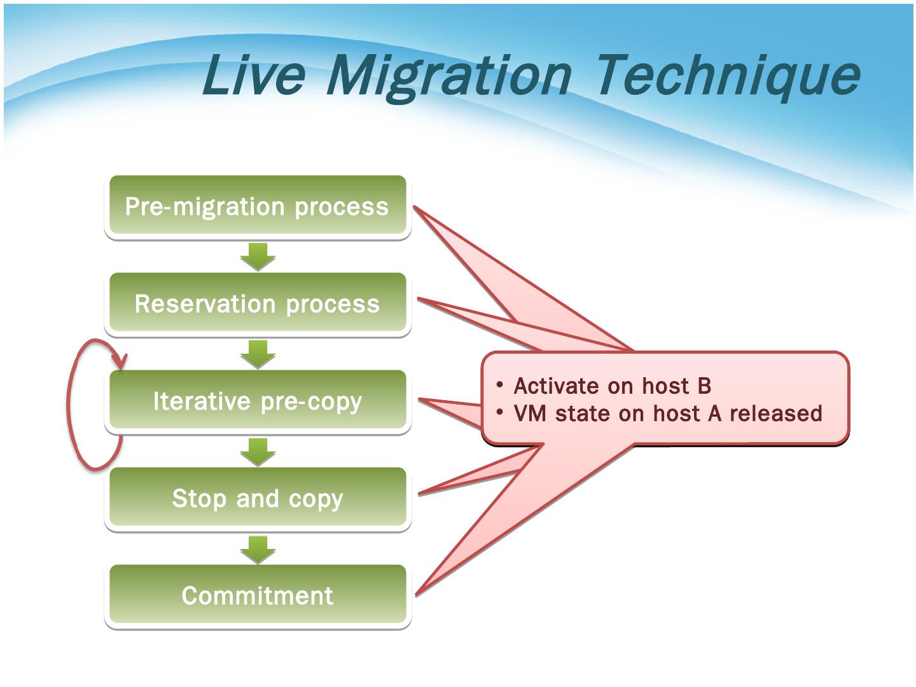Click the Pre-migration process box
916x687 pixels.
click(258, 206)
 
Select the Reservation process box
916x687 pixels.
click(258, 303)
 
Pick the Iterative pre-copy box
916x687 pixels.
click(258, 401)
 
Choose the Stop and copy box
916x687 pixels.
click(258, 498)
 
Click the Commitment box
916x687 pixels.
click(258, 595)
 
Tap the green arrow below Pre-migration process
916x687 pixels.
click(258, 256)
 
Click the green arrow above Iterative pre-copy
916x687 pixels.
click(258, 354)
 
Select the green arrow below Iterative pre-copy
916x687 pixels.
click(258, 451)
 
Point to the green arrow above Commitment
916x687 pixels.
click(258, 548)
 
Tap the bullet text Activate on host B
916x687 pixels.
click(612, 386)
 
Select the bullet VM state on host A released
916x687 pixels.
click(667, 413)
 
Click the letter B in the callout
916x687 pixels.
click(704, 386)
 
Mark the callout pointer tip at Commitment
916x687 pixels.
click(417, 594)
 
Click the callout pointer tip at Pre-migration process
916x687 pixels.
click(415, 207)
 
